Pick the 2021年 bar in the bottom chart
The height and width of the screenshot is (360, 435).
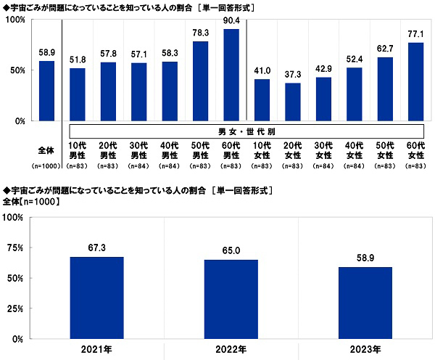(x=96, y=298)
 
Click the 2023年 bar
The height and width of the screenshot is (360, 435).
(x=366, y=303)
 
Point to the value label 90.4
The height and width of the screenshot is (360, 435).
(x=231, y=21)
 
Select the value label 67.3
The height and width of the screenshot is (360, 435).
(x=96, y=248)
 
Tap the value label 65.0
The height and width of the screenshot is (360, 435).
(x=231, y=251)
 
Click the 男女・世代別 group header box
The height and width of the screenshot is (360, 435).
(x=246, y=131)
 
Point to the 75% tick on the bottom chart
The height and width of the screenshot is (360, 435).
(x=14, y=248)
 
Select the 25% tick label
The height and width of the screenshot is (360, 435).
(x=14, y=308)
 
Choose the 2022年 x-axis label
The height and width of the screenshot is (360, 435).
(x=231, y=349)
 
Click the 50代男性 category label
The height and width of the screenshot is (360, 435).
(x=201, y=151)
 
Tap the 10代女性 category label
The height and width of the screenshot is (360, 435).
(x=262, y=151)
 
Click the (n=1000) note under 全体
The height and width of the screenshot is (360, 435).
(x=46, y=168)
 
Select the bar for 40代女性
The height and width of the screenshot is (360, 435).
(x=355, y=94)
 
